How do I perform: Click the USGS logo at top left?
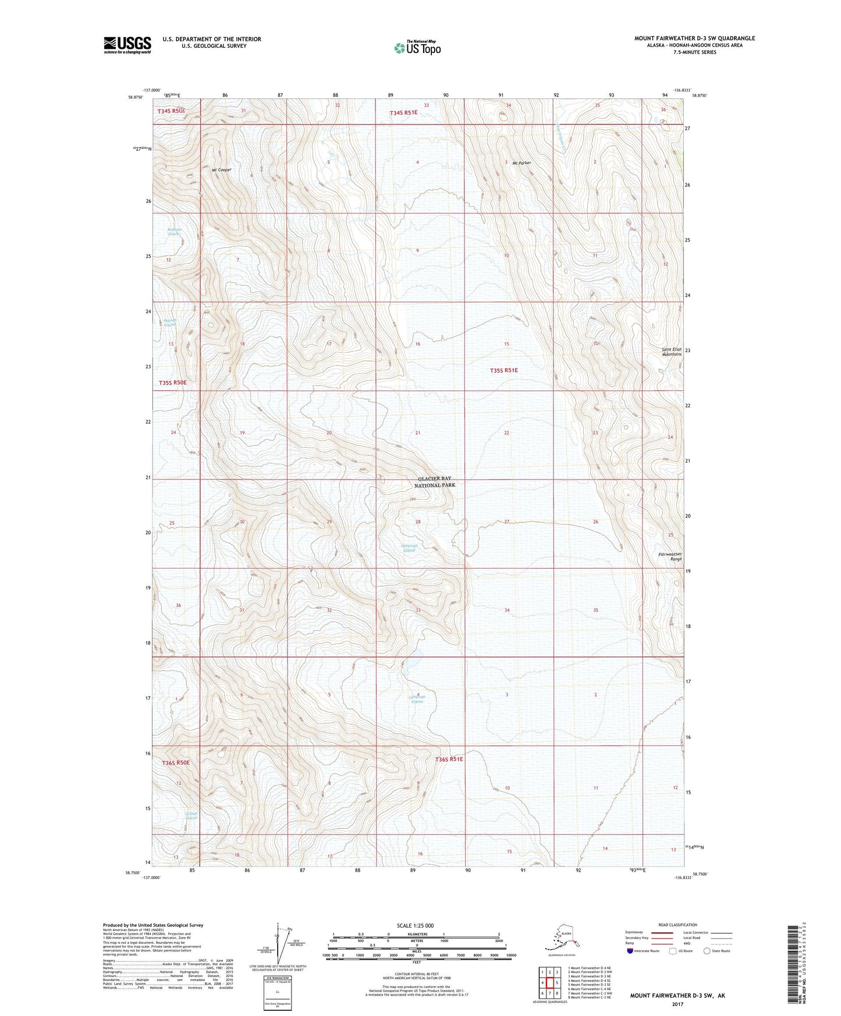coord(127,45)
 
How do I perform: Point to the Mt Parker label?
coord(521,163)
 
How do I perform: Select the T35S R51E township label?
coord(503,370)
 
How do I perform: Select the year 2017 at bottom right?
coord(677,1004)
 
